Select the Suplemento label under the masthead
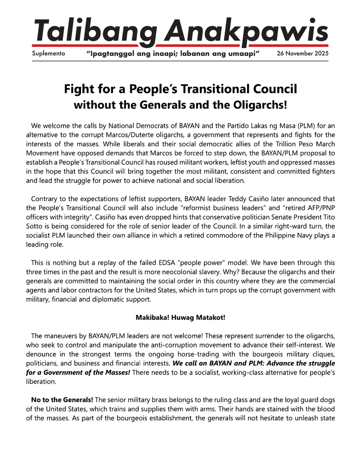pyautogui.click(x=49, y=54)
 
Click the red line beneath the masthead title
pyautogui.click(x=180, y=45)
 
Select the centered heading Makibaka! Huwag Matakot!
pyautogui.click(x=180, y=317)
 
